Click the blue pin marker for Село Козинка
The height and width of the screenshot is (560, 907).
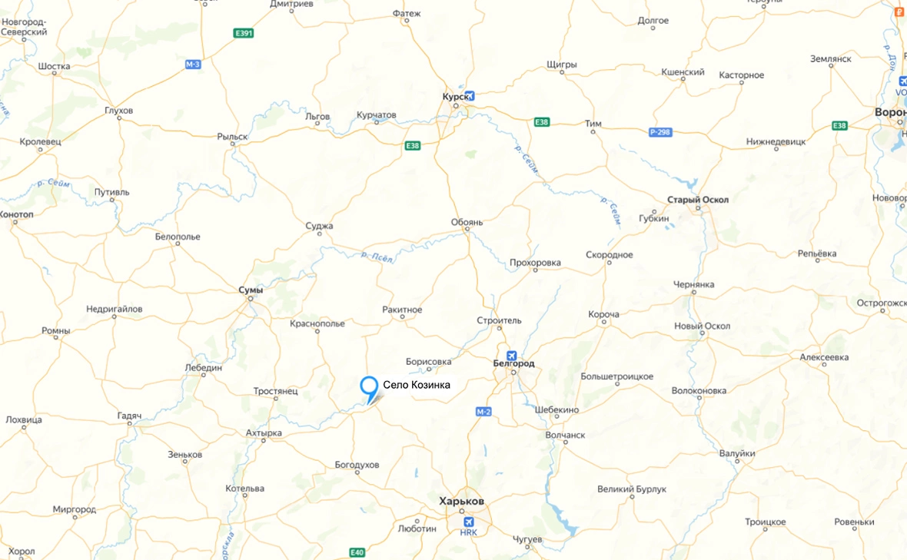[369, 385]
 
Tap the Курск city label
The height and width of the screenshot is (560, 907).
[453, 96]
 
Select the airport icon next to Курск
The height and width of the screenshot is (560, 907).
[470, 96]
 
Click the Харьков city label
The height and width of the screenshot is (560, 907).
[461, 501]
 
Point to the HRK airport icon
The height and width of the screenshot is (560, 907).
[468, 522]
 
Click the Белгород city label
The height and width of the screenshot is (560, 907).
[513, 363]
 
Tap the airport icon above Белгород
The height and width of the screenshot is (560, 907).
[511, 356]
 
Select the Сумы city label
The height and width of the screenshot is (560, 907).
[251, 290]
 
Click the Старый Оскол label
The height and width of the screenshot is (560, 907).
[699, 200]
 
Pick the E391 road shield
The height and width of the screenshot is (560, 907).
[244, 33]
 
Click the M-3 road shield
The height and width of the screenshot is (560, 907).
[193, 64]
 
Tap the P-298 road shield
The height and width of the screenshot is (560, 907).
[660, 132]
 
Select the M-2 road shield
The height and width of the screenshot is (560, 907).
[483, 412]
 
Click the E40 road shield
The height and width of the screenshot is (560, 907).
[357, 552]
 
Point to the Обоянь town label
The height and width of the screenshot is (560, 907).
[467, 223]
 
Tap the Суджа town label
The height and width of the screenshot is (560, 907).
[319, 226]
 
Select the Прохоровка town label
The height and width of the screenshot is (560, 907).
[535, 263]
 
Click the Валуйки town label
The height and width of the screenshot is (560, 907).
[737, 454]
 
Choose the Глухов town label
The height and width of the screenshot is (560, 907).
[118, 111]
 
